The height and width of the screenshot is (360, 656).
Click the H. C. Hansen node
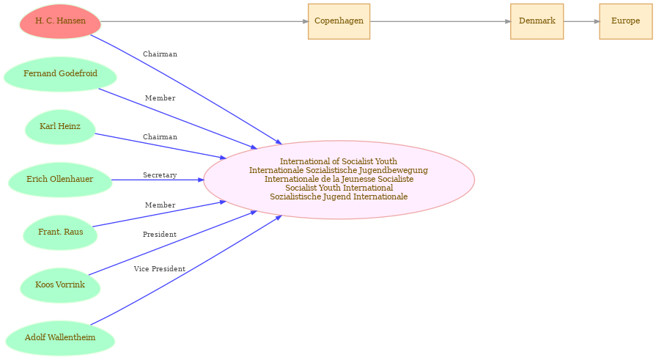pos(60,21)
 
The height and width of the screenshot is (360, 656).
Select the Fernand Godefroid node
pos(60,74)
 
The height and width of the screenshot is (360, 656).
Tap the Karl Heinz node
pos(60,127)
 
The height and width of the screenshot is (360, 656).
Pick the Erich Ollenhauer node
pos(60,180)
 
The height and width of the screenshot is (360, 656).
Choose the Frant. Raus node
pos(60,232)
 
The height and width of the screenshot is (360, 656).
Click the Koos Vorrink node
pos(60,285)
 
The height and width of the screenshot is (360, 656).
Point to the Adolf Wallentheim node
pos(60,338)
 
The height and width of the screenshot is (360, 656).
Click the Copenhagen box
pos(339,21)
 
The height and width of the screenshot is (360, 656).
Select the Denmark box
pos(537,21)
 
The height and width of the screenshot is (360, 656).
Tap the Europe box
pos(625,21)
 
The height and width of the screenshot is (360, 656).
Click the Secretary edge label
pos(160,175)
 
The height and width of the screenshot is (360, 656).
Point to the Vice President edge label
pos(159,269)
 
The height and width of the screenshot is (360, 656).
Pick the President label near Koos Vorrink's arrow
pos(159,235)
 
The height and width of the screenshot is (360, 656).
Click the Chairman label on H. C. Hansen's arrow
pos(160,54)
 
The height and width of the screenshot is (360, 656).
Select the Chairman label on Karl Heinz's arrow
pos(160,137)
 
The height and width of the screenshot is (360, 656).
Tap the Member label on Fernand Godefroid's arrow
pos(160,98)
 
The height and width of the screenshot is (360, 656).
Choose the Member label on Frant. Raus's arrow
pos(160,205)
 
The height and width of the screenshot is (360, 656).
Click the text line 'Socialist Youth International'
pos(339,188)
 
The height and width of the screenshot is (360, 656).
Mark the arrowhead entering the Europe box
pos(597,21)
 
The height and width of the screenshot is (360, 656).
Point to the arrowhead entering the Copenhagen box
pos(305,21)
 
